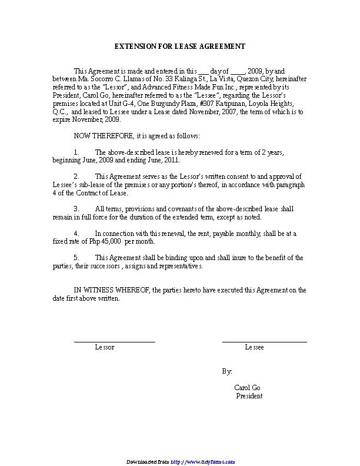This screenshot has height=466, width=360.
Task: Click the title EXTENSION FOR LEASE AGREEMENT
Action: click(x=179, y=46)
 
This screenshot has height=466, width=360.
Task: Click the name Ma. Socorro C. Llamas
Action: click(x=104, y=78)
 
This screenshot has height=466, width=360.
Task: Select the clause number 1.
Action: click(x=76, y=152)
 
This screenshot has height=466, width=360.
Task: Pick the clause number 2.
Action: click(x=76, y=176)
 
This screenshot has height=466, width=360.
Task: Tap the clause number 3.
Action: click(x=76, y=209)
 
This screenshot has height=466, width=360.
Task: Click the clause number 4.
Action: click(x=76, y=234)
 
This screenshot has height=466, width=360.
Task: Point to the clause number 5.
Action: click(x=76, y=258)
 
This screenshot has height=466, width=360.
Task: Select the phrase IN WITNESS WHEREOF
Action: click(x=111, y=290)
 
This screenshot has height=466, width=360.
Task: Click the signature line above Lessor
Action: click(x=114, y=341)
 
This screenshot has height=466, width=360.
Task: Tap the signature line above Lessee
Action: click(x=264, y=341)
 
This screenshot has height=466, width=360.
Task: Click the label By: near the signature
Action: click(x=227, y=372)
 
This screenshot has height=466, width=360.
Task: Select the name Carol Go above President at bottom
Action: click(x=247, y=388)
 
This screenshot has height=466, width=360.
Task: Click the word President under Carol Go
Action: click(x=249, y=396)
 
